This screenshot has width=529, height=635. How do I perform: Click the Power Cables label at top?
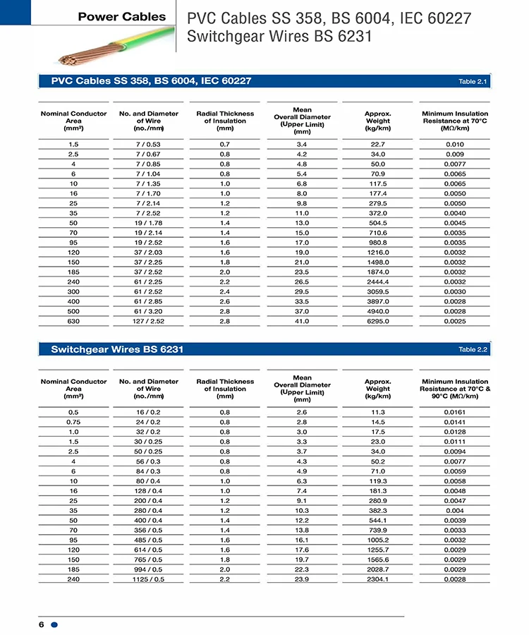(x=121, y=17)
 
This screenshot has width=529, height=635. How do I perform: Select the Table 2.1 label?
(x=473, y=82)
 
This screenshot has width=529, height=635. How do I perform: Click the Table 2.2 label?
(x=473, y=349)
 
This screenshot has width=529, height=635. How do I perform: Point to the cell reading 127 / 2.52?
(x=148, y=322)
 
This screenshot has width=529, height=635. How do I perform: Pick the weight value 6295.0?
(x=377, y=322)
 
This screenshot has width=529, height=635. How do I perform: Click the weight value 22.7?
(x=377, y=144)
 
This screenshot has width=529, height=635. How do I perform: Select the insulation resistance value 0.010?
(x=455, y=144)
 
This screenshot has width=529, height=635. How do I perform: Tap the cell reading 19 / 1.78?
(x=148, y=223)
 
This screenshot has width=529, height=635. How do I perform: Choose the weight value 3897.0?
(x=377, y=302)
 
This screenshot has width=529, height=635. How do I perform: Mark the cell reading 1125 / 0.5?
(x=148, y=579)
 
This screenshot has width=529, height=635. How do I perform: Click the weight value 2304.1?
(x=377, y=579)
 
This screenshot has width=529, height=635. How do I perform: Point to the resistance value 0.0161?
(x=455, y=412)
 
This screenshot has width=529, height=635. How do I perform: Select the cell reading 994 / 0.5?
(x=148, y=569)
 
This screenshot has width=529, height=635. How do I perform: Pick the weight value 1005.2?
(x=377, y=540)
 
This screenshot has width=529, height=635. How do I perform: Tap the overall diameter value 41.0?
(x=302, y=322)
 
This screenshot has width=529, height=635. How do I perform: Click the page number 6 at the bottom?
(x=42, y=624)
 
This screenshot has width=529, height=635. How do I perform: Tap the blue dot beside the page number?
(x=54, y=624)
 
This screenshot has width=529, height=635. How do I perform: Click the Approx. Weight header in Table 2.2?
(x=377, y=389)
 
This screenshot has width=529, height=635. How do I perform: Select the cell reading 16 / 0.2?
(x=148, y=412)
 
